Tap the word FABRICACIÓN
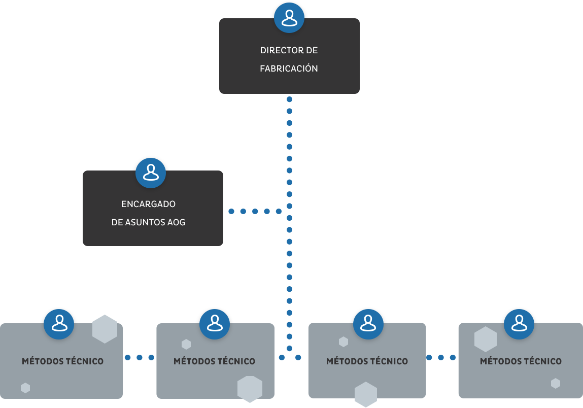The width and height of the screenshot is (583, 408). point(289,69)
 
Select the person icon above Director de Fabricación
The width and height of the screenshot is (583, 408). point(289,18)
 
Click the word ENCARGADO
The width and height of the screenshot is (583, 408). point(148,204)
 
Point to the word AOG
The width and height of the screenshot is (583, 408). point(176,222)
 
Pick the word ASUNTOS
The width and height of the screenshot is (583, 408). point(145,222)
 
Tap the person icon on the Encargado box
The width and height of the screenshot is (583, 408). point(151,173)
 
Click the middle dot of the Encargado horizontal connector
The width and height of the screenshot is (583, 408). point(255,211)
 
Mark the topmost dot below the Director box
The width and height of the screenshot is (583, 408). point(289,99)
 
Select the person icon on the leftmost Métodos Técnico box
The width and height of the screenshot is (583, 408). point(59,324)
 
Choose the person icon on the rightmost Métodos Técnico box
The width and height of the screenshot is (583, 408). point(519,324)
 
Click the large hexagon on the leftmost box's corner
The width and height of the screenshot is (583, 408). point(105,329)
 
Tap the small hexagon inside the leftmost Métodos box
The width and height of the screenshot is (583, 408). point(25,388)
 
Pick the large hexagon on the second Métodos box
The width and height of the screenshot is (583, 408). point(250,389)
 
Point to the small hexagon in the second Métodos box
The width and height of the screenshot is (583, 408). point(186,345)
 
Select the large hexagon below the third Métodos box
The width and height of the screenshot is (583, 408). point(366,394)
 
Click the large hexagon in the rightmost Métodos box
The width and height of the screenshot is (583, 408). point(486,339)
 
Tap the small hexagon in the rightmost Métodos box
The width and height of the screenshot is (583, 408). point(556,384)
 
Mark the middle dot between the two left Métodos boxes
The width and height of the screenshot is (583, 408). point(140,357)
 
